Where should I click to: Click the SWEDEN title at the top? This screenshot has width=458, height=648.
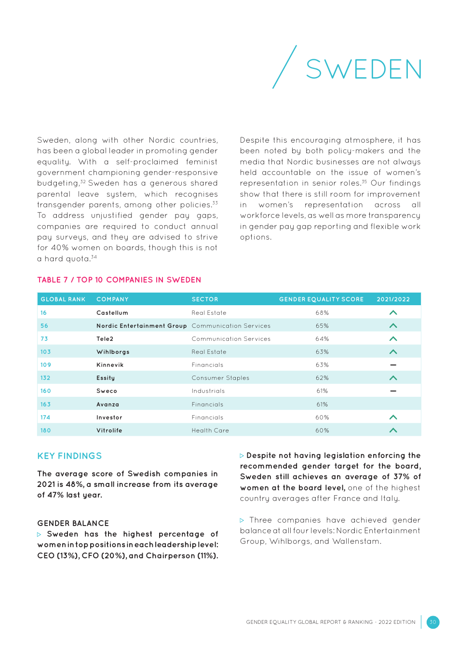pyautogui.click(x=364, y=69)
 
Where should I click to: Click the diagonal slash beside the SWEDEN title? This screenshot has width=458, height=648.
pyautogui.click(x=284, y=67)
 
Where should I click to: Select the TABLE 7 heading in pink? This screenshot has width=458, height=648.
pyautogui.click(x=119, y=280)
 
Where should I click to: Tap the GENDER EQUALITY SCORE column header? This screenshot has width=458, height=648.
pyautogui.click(x=321, y=299)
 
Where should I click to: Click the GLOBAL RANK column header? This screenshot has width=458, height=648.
pyautogui.click(x=63, y=299)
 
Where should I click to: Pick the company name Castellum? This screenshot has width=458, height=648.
pyautogui.click(x=112, y=313)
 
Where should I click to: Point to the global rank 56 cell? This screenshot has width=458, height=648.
pyautogui.click(x=44, y=326)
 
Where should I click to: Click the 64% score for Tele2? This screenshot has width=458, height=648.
pyautogui.click(x=322, y=339)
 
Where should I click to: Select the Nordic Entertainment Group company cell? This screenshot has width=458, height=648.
pyautogui.click(x=141, y=326)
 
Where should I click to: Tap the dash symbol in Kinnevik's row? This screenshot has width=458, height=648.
pyautogui.click(x=393, y=365)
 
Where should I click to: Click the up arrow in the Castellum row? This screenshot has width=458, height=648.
pyautogui.click(x=393, y=313)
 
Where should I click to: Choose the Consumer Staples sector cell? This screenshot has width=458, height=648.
pyautogui.click(x=220, y=378)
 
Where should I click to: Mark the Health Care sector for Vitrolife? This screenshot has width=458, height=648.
pyautogui.click(x=210, y=431)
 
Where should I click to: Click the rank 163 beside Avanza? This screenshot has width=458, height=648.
pyautogui.click(x=45, y=405)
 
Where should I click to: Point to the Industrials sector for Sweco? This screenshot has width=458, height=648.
pyautogui.click(x=208, y=391)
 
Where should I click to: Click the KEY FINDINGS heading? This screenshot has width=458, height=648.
pyautogui.click(x=69, y=456)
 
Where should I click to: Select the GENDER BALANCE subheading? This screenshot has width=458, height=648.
pyautogui.click(x=73, y=523)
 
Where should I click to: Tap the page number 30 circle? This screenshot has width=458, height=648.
pyautogui.click(x=432, y=622)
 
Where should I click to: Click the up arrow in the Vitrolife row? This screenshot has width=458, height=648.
pyautogui.click(x=393, y=431)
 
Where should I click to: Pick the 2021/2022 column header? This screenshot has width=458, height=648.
pyautogui.click(x=393, y=299)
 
